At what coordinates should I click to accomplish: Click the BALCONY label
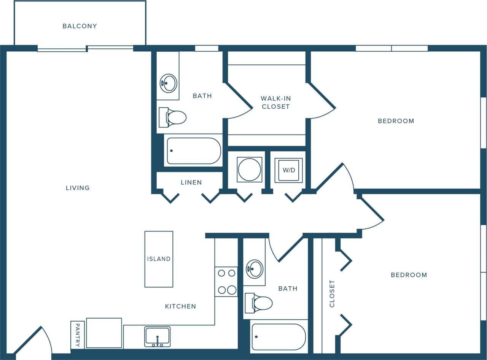click(80, 26)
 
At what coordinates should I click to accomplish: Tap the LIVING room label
click(78, 188)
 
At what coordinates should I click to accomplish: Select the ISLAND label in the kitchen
click(159, 259)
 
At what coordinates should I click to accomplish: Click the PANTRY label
click(77, 335)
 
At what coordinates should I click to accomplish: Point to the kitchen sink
click(157, 336)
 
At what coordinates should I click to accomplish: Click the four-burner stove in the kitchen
click(226, 282)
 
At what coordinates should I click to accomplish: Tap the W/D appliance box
click(289, 170)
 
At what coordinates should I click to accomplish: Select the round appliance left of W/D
click(249, 169)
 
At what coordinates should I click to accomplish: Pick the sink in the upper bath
click(168, 83)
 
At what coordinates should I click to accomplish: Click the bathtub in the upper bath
click(194, 151)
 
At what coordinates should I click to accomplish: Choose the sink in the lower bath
click(254, 269)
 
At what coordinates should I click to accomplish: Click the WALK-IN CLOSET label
click(275, 103)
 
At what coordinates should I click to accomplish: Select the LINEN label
click(191, 182)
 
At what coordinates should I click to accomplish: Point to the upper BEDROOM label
click(396, 121)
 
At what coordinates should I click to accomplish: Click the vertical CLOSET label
click(332, 293)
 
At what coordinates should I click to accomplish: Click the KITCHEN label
click(180, 306)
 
